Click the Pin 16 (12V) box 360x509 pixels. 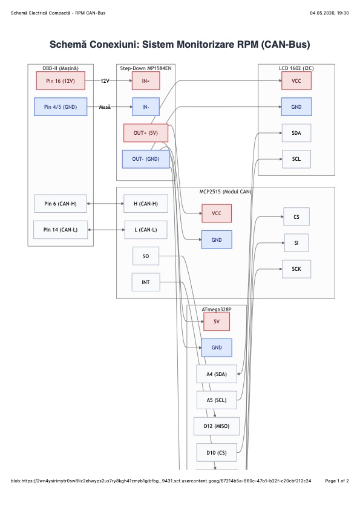(61, 81)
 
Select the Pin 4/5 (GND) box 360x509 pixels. (61, 107)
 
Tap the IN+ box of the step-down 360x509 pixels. (146, 81)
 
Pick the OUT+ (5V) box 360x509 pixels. (146, 133)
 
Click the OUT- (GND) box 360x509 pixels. (146, 159)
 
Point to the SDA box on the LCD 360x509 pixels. (296, 133)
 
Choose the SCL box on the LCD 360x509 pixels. (296, 159)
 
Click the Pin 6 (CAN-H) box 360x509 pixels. (61, 204)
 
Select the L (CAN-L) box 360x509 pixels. (146, 230)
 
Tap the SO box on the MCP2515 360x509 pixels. (146, 256)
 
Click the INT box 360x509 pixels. (146, 282)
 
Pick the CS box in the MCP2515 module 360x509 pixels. (296, 217)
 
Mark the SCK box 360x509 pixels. (296, 269)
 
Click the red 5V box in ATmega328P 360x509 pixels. (217, 322)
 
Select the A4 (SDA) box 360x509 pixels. (217, 374)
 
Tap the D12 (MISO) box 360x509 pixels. (217, 426)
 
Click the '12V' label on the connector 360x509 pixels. (105, 81)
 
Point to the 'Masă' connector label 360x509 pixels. (105, 107)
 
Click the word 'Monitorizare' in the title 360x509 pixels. (188, 44)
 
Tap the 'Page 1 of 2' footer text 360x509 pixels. (337, 481)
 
